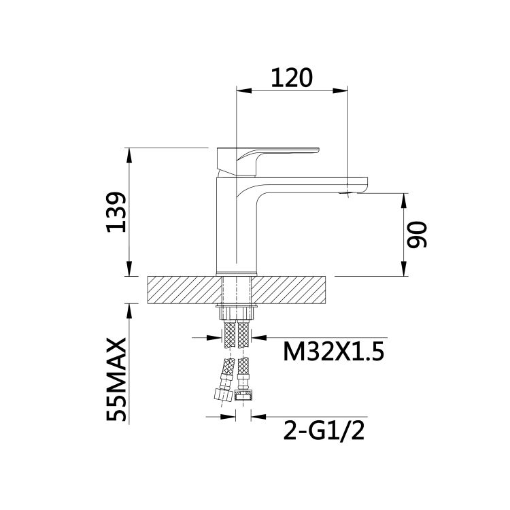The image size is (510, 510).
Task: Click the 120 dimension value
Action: (292, 78)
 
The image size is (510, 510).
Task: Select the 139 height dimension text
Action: (116, 212)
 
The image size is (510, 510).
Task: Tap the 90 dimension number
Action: (417, 235)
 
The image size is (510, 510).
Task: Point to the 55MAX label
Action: (116, 379)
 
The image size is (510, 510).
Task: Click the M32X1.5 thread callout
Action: (334, 352)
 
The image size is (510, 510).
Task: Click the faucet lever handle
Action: (267, 162)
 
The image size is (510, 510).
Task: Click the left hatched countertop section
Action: (184, 290)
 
